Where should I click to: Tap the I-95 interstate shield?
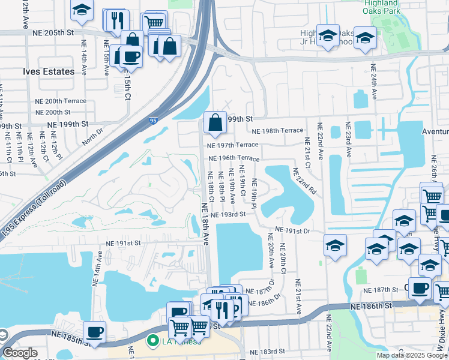[x=154, y=121]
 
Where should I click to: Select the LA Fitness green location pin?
[x=153, y=341]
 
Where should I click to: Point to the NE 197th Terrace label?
[x=232, y=145]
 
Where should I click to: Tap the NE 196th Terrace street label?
[x=234, y=158]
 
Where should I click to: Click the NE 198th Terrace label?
[x=277, y=131]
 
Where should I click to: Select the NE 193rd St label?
[x=228, y=214]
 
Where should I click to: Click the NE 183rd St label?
[x=264, y=351]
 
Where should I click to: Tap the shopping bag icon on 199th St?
[x=215, y=123]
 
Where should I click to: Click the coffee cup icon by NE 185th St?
[x=94, y=331]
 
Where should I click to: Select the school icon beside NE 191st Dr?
[x=335, y=245]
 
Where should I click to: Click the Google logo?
[x=20, y=353]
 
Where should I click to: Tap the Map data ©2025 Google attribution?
[x=411, y=355]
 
